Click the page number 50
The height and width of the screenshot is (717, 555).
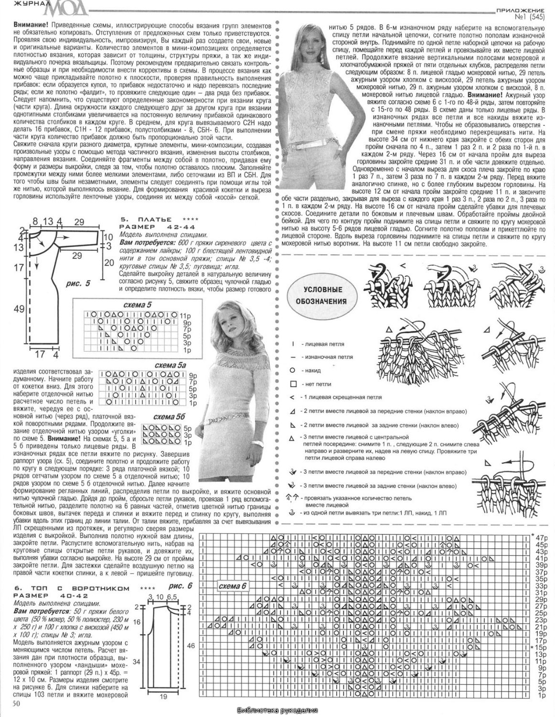16,703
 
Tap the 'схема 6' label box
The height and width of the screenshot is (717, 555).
233,586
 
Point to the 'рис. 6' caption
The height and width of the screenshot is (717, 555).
180,586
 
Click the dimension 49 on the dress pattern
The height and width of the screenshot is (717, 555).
19,309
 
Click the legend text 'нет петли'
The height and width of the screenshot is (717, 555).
316,384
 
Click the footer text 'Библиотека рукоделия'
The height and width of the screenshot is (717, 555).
277,710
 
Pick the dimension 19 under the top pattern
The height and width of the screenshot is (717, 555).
163,697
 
